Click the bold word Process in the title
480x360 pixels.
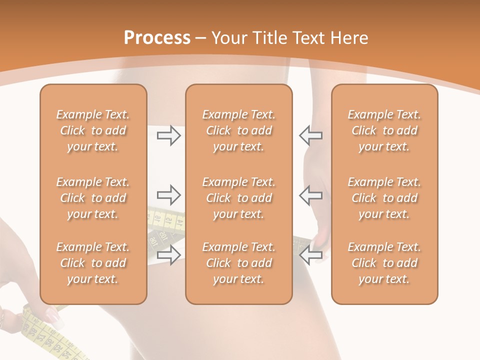click(x=157, y=38)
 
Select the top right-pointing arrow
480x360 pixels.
click(x=168, y=135)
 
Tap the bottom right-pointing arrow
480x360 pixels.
click(x=168, y=255)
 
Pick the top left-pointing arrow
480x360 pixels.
click(x=310, y=135)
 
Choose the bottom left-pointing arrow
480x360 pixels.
click(x=310, y=255)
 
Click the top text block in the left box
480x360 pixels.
click(x=93, y=130)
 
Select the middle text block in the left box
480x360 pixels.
click(x=93, y=198)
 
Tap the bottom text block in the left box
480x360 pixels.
click(x=93, y=263)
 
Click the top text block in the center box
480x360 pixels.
click(x=239, y=130)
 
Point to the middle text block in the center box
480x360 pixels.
click(x=239, y=198)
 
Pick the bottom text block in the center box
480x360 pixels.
click(x=239, y=263)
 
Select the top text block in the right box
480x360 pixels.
click(x=384, y=130)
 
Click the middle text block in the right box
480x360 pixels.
click(x=384, y=198)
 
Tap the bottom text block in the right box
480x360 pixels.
click(x=384, y=263)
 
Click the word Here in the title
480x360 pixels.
click(x=349, y=38)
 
